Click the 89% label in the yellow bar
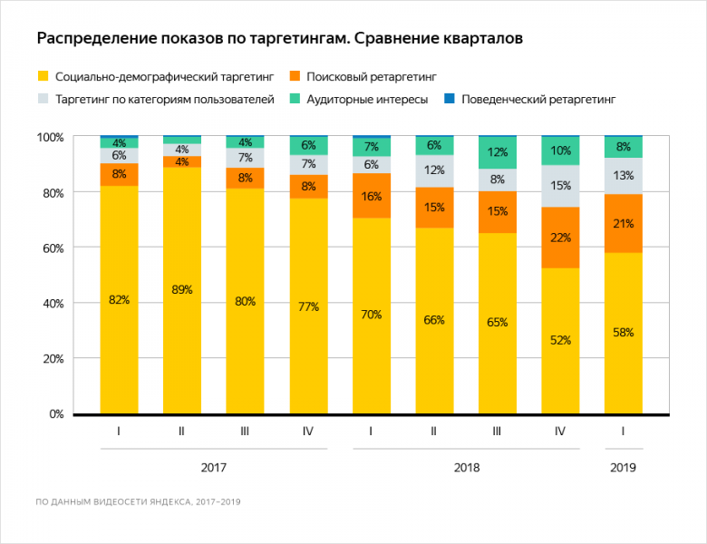click(x=182, y=290)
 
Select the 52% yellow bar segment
click(x=560, y=341)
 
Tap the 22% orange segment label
click(x=560, y=238)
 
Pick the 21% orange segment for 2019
click(x=623, y=223)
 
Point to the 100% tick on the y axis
click(x=50, y=137)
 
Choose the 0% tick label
click(x=56, y=414)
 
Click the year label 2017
click(x=213, y=468)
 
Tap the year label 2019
click(x=623, y=468)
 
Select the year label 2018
click(x=466, y=468)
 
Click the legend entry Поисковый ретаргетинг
click(x=371, y=76)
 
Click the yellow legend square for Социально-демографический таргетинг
click(x=42, y=76)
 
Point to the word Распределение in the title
click(x=90, y=39)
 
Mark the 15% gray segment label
click(x=560, y=186)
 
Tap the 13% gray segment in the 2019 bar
click(x=623, y=176)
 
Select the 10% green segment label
click(x=560, y=151)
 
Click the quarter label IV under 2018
click(x=560, y=432)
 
